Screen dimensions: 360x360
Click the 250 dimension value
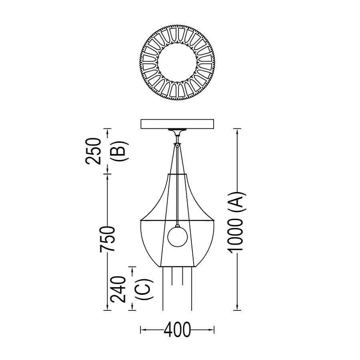pos(93,151)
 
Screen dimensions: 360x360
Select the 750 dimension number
pos(107,239)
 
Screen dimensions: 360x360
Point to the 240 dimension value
pos(118,289)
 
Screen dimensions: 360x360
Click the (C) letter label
pos(144,289)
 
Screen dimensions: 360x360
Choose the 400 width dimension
pos(177,330)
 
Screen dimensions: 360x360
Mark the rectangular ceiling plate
pos(177,124)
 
